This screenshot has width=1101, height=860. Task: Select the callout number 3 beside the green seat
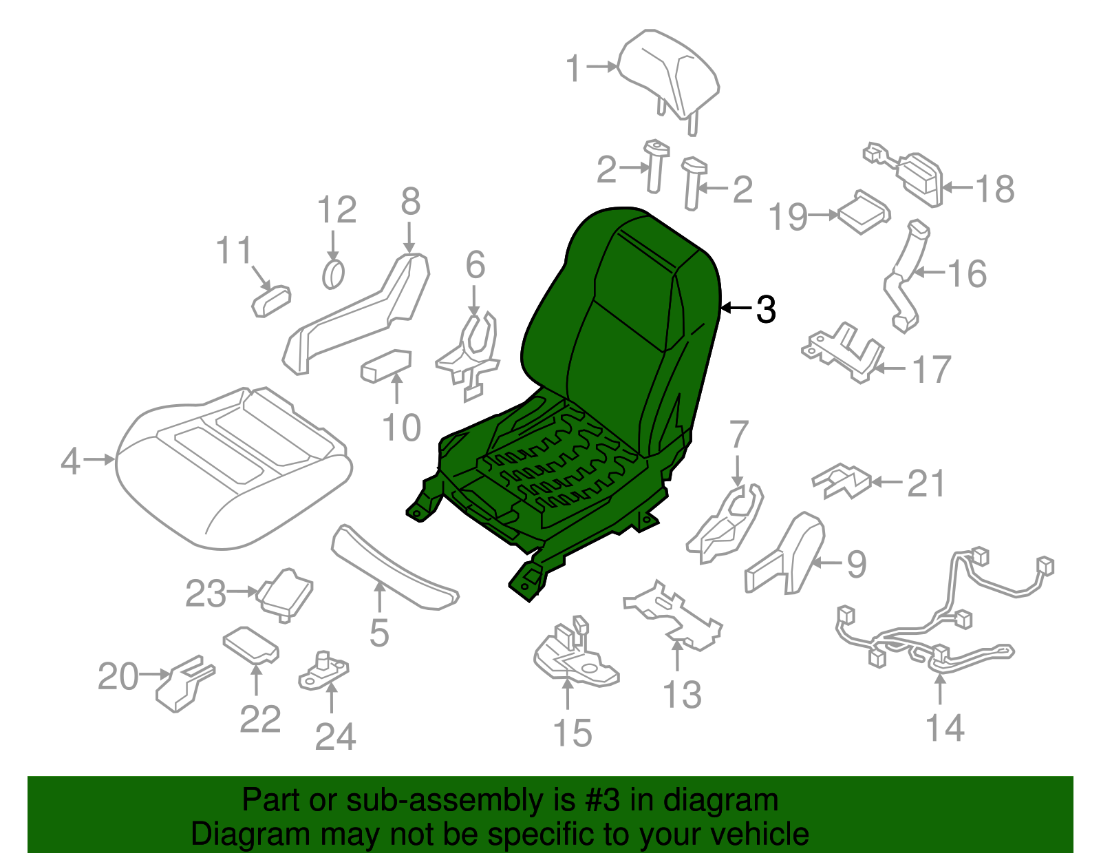[766, 310]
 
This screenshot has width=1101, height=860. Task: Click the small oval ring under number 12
[333, 275]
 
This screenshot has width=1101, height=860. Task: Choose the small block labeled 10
[386, 365]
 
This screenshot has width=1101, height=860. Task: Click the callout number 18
[995, 189]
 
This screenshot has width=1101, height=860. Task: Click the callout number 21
[926, 483]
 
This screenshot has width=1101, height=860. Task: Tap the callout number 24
[335, 737]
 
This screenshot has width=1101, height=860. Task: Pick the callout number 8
[410, 202]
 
